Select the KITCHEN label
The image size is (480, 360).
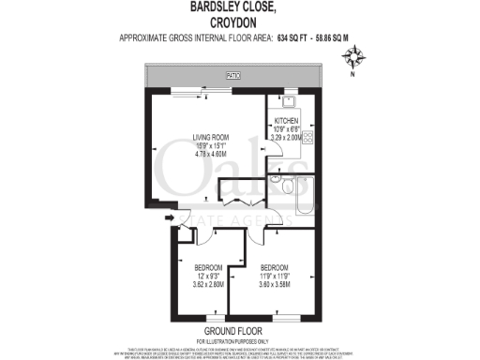coord(287,121)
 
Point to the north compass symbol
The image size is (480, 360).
coord(354,63)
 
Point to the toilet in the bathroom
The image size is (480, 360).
coord(274,179)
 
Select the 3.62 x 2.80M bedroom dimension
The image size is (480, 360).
coord(208,283)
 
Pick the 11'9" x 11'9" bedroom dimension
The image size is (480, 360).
coord(275,275)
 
